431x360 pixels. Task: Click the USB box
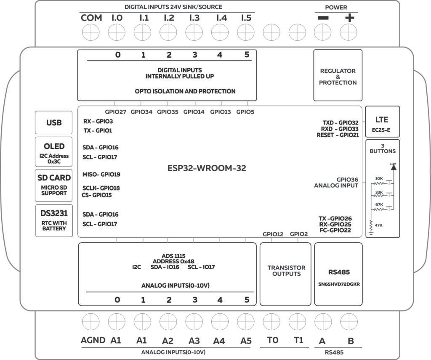pos(53,123)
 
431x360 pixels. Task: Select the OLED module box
pos(54,152)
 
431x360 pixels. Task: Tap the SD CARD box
pos(54,184)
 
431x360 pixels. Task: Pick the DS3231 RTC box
pos(54,220)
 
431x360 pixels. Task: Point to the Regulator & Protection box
pos(338,76)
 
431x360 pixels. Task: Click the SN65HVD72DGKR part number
pos(339,284)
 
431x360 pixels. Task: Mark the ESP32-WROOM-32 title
pos(206,168)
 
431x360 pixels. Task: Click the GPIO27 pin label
pos(115,112)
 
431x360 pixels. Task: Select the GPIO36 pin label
pos(347,179)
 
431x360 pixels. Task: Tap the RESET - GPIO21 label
pos(338,135)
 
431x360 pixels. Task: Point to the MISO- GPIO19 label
pos(101,174)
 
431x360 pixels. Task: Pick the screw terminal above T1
pos(298,322)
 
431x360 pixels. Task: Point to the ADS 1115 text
pos(173,256)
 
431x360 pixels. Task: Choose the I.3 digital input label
pos(194,18)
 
